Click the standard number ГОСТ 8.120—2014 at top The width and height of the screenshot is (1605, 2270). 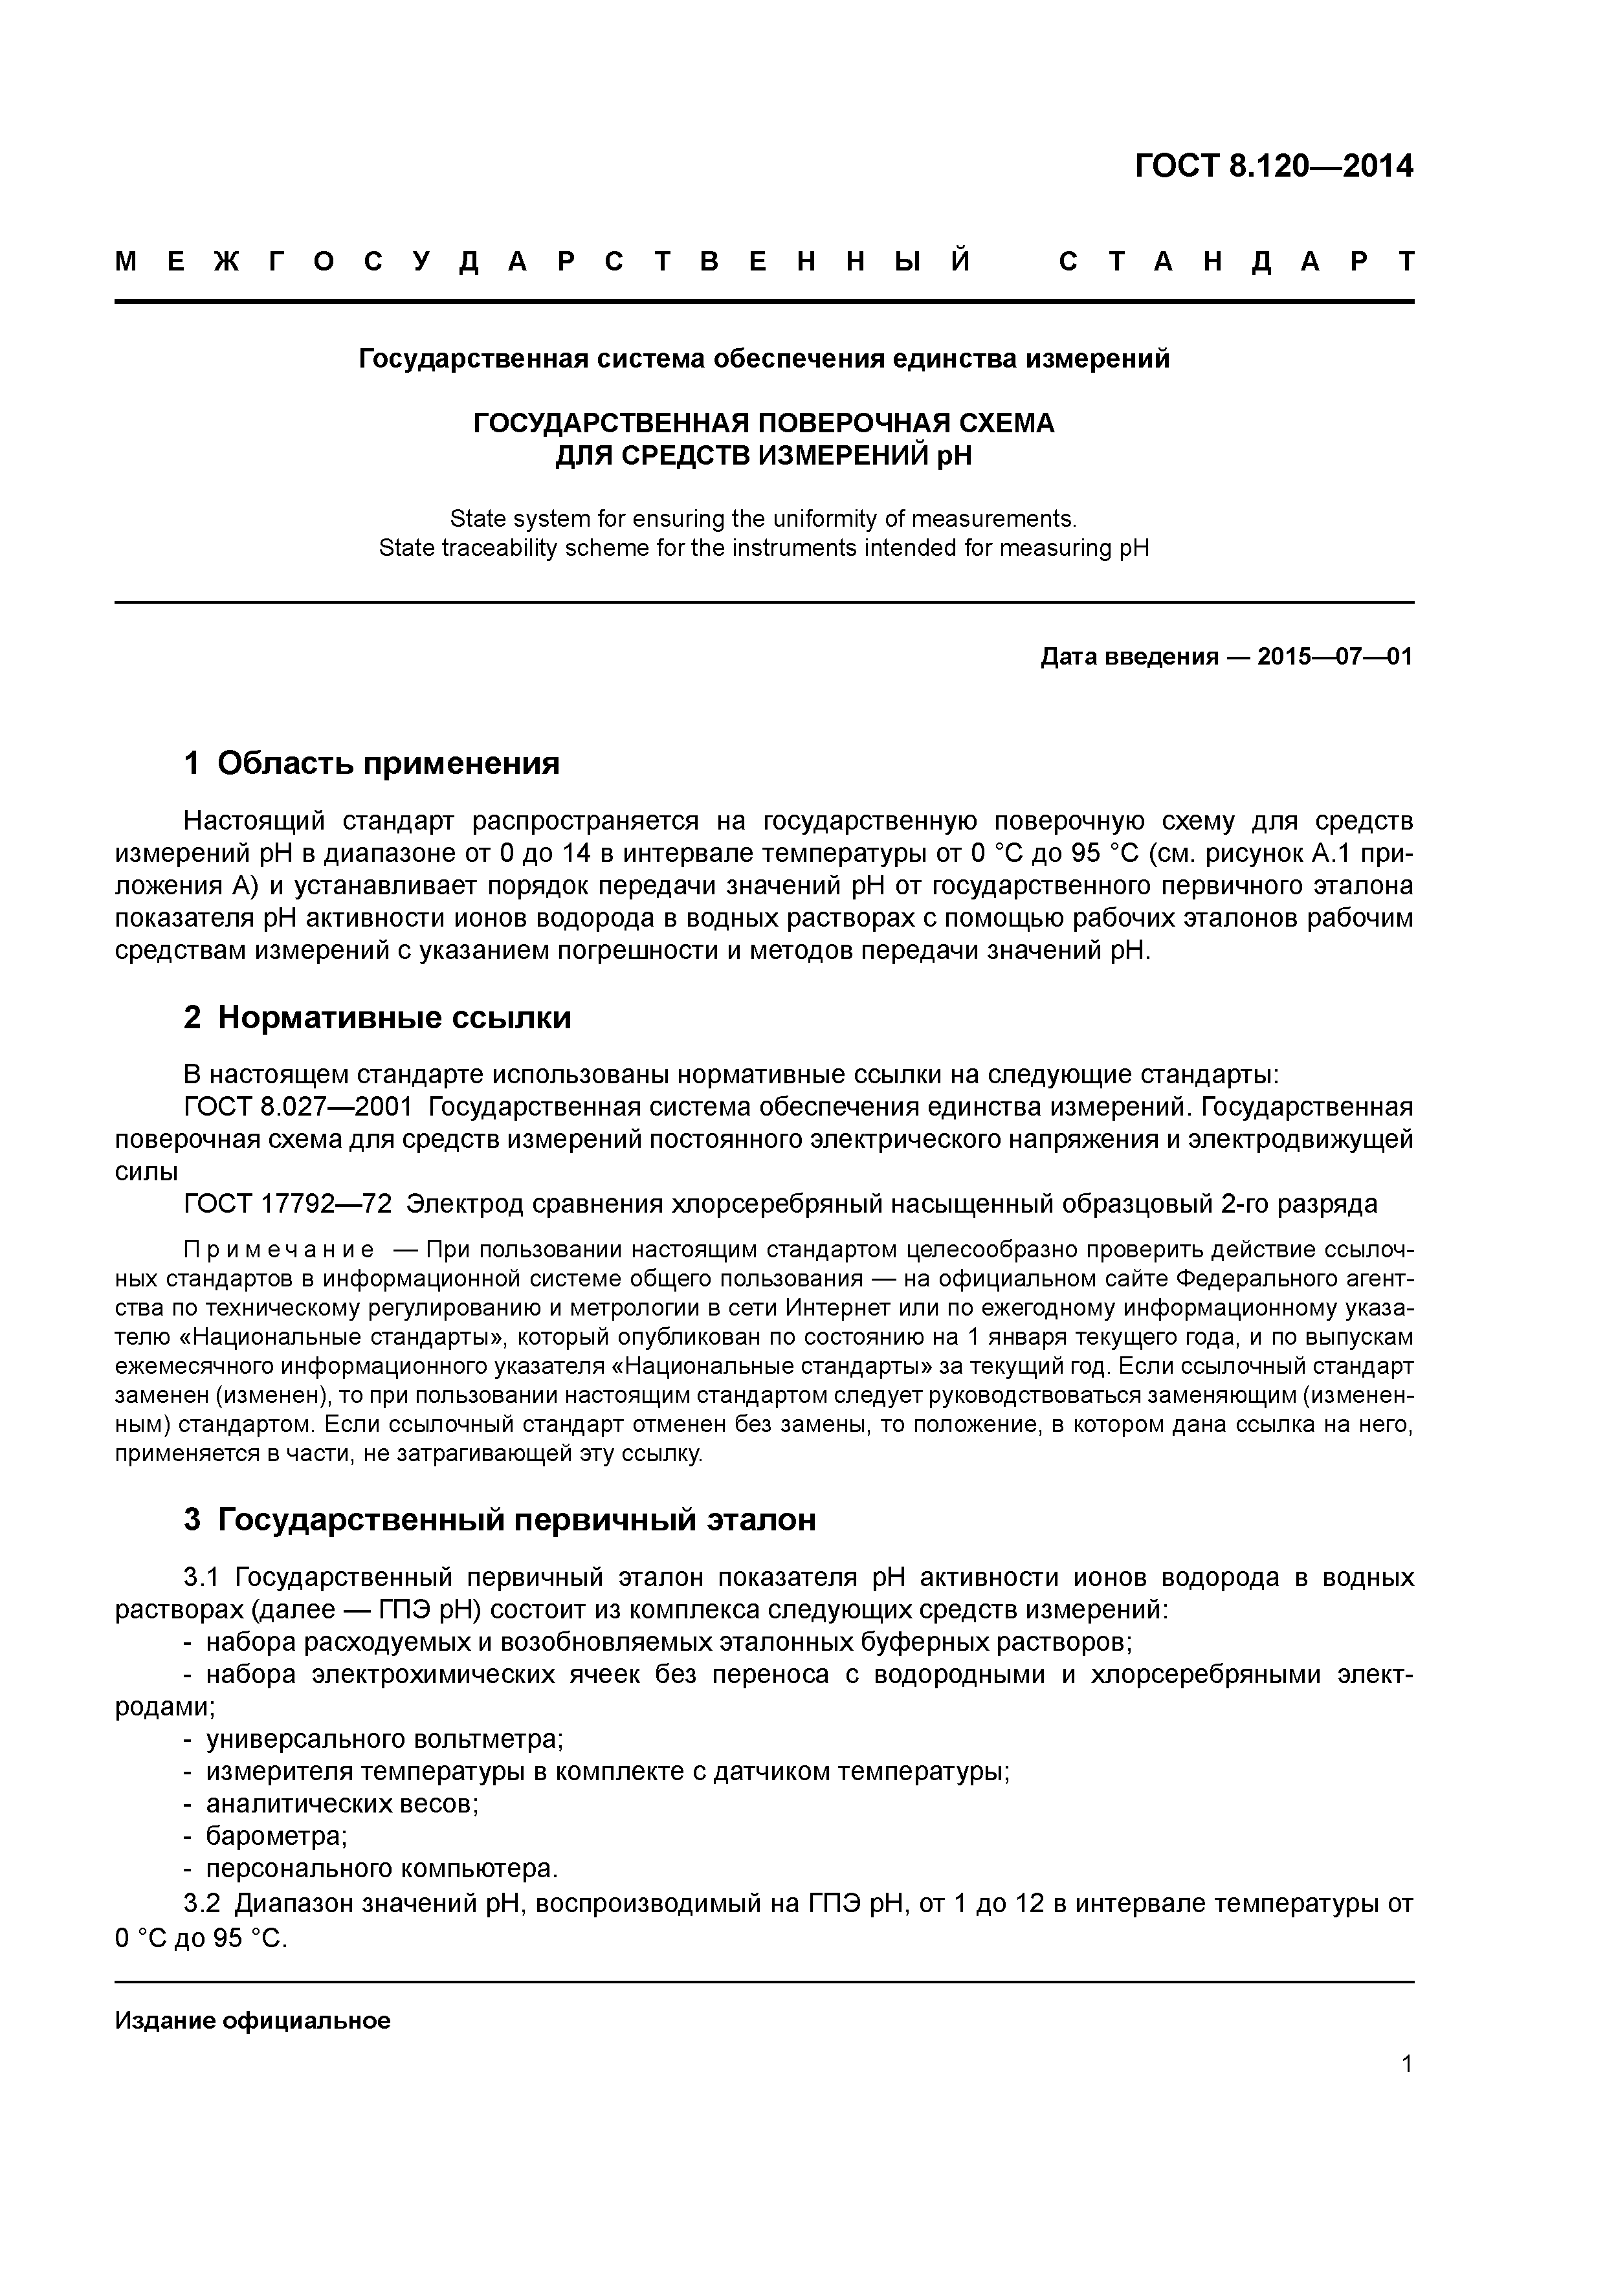[x=1274, y=166]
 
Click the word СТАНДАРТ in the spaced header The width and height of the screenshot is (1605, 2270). [x=1236, y=262]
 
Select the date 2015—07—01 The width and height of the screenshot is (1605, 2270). [x=1335, y=657]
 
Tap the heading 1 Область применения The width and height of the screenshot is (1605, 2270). [x=372, y=764]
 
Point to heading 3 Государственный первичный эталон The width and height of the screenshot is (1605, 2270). [x=500, y=1519]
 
